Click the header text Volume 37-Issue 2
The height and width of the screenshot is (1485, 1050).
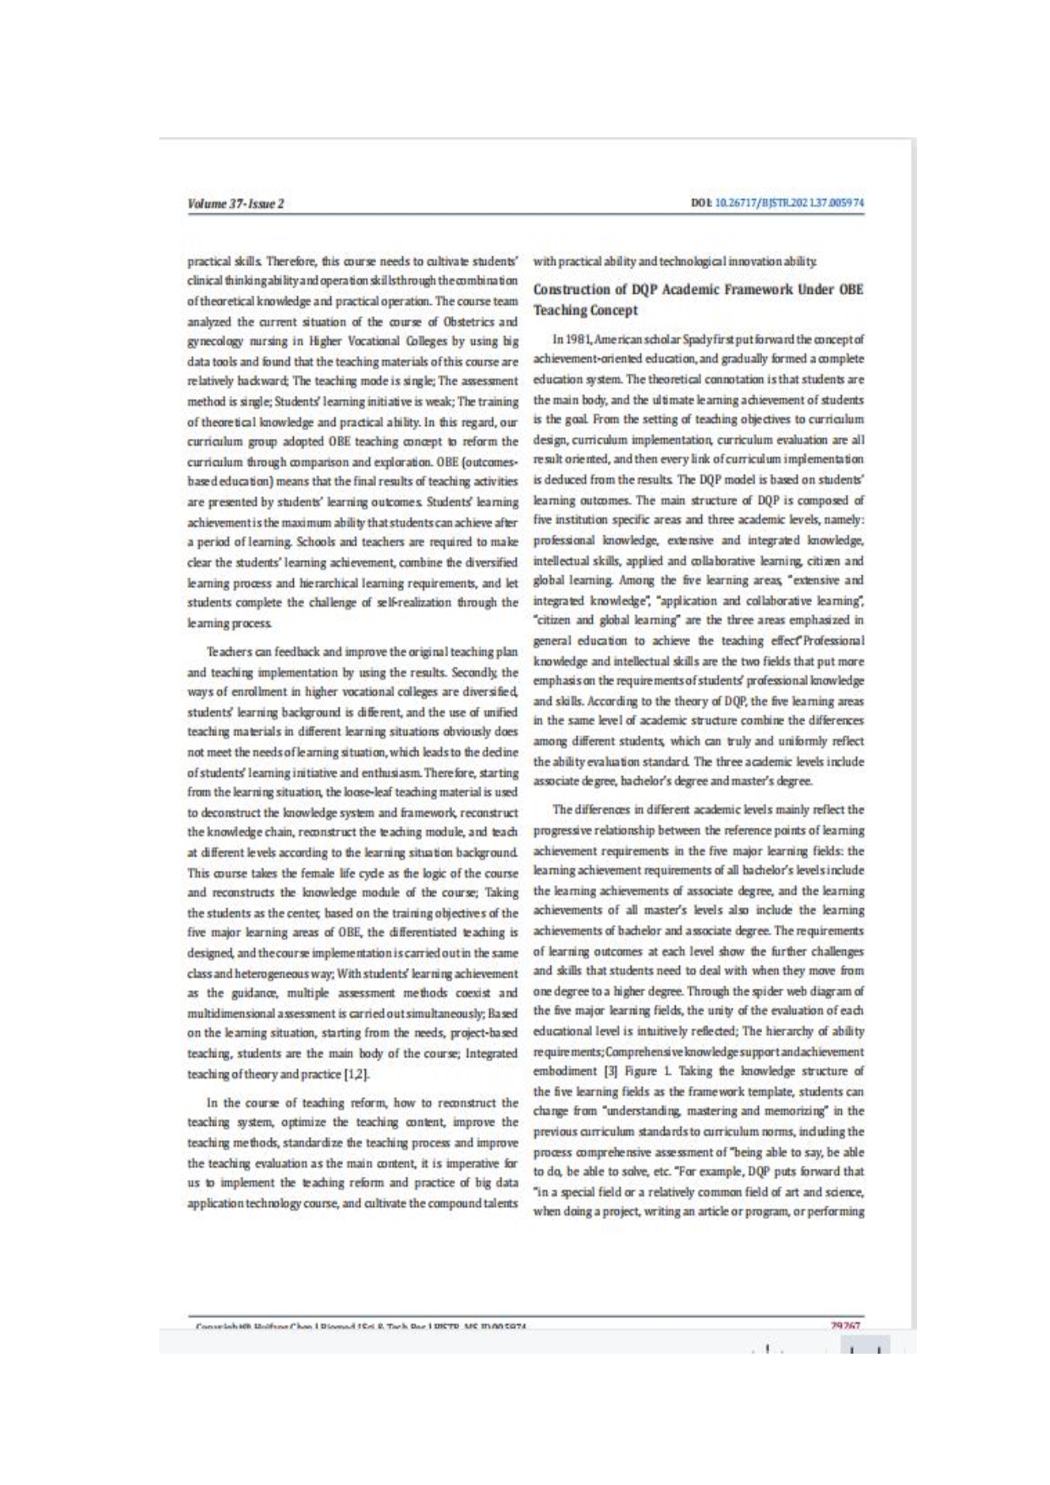point(235,203)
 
